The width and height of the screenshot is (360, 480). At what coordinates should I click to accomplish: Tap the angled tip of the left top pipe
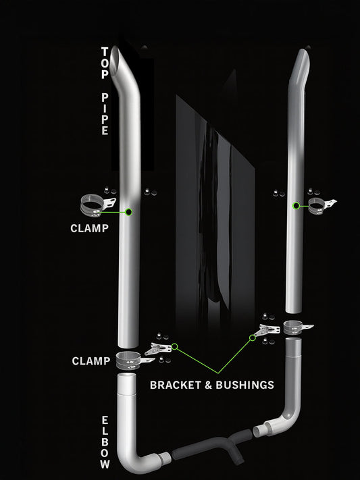(122, 57)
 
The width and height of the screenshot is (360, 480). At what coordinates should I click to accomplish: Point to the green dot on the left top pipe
(129, 211)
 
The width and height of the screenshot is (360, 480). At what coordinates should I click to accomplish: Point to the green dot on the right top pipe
(296, 205)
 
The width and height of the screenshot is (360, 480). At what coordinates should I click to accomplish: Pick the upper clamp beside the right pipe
(318, 205)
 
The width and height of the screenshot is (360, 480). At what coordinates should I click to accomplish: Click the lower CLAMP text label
(91, 361)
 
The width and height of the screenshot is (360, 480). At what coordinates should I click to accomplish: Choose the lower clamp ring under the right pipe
(294, 327)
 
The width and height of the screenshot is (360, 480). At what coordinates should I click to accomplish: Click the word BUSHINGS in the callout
(246, 385)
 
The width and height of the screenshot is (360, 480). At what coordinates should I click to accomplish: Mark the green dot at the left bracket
(174, 346)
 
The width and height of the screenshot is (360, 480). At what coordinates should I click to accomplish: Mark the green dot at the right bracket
(253, 338)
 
